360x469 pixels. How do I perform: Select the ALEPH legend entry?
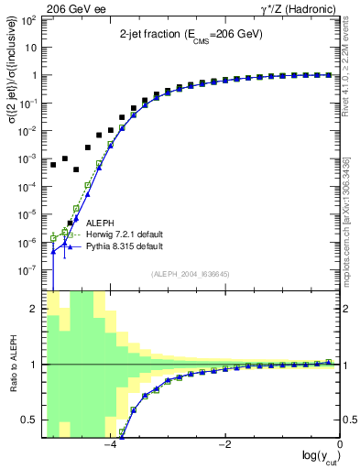point(100,223)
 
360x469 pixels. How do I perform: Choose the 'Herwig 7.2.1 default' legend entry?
point(124,234)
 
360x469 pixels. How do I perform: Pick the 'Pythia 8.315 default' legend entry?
point(124,246)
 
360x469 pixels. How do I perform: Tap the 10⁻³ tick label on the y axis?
point(31,159)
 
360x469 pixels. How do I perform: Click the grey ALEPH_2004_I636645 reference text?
point(191,275)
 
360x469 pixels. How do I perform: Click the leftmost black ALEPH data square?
point(54,165)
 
